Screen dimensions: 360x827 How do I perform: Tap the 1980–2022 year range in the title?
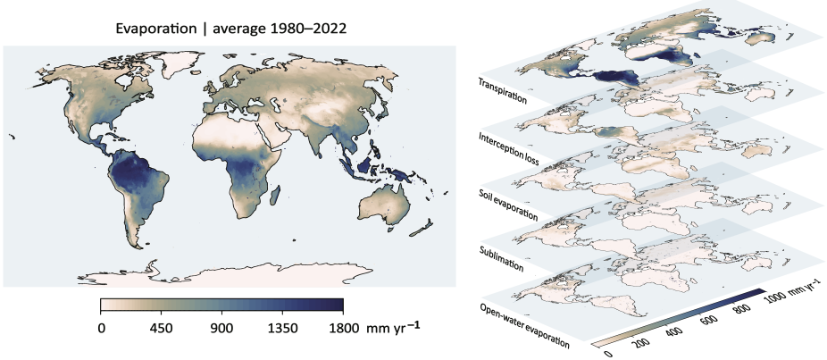(302, 29)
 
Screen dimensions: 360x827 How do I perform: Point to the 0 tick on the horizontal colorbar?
(101, 328)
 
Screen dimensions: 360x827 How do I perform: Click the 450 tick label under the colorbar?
(161, 328)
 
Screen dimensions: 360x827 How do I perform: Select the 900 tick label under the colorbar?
(221, 328)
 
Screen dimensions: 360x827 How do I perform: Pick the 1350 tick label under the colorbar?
(282, 328)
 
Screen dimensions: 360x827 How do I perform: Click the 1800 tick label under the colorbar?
(343, 328)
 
